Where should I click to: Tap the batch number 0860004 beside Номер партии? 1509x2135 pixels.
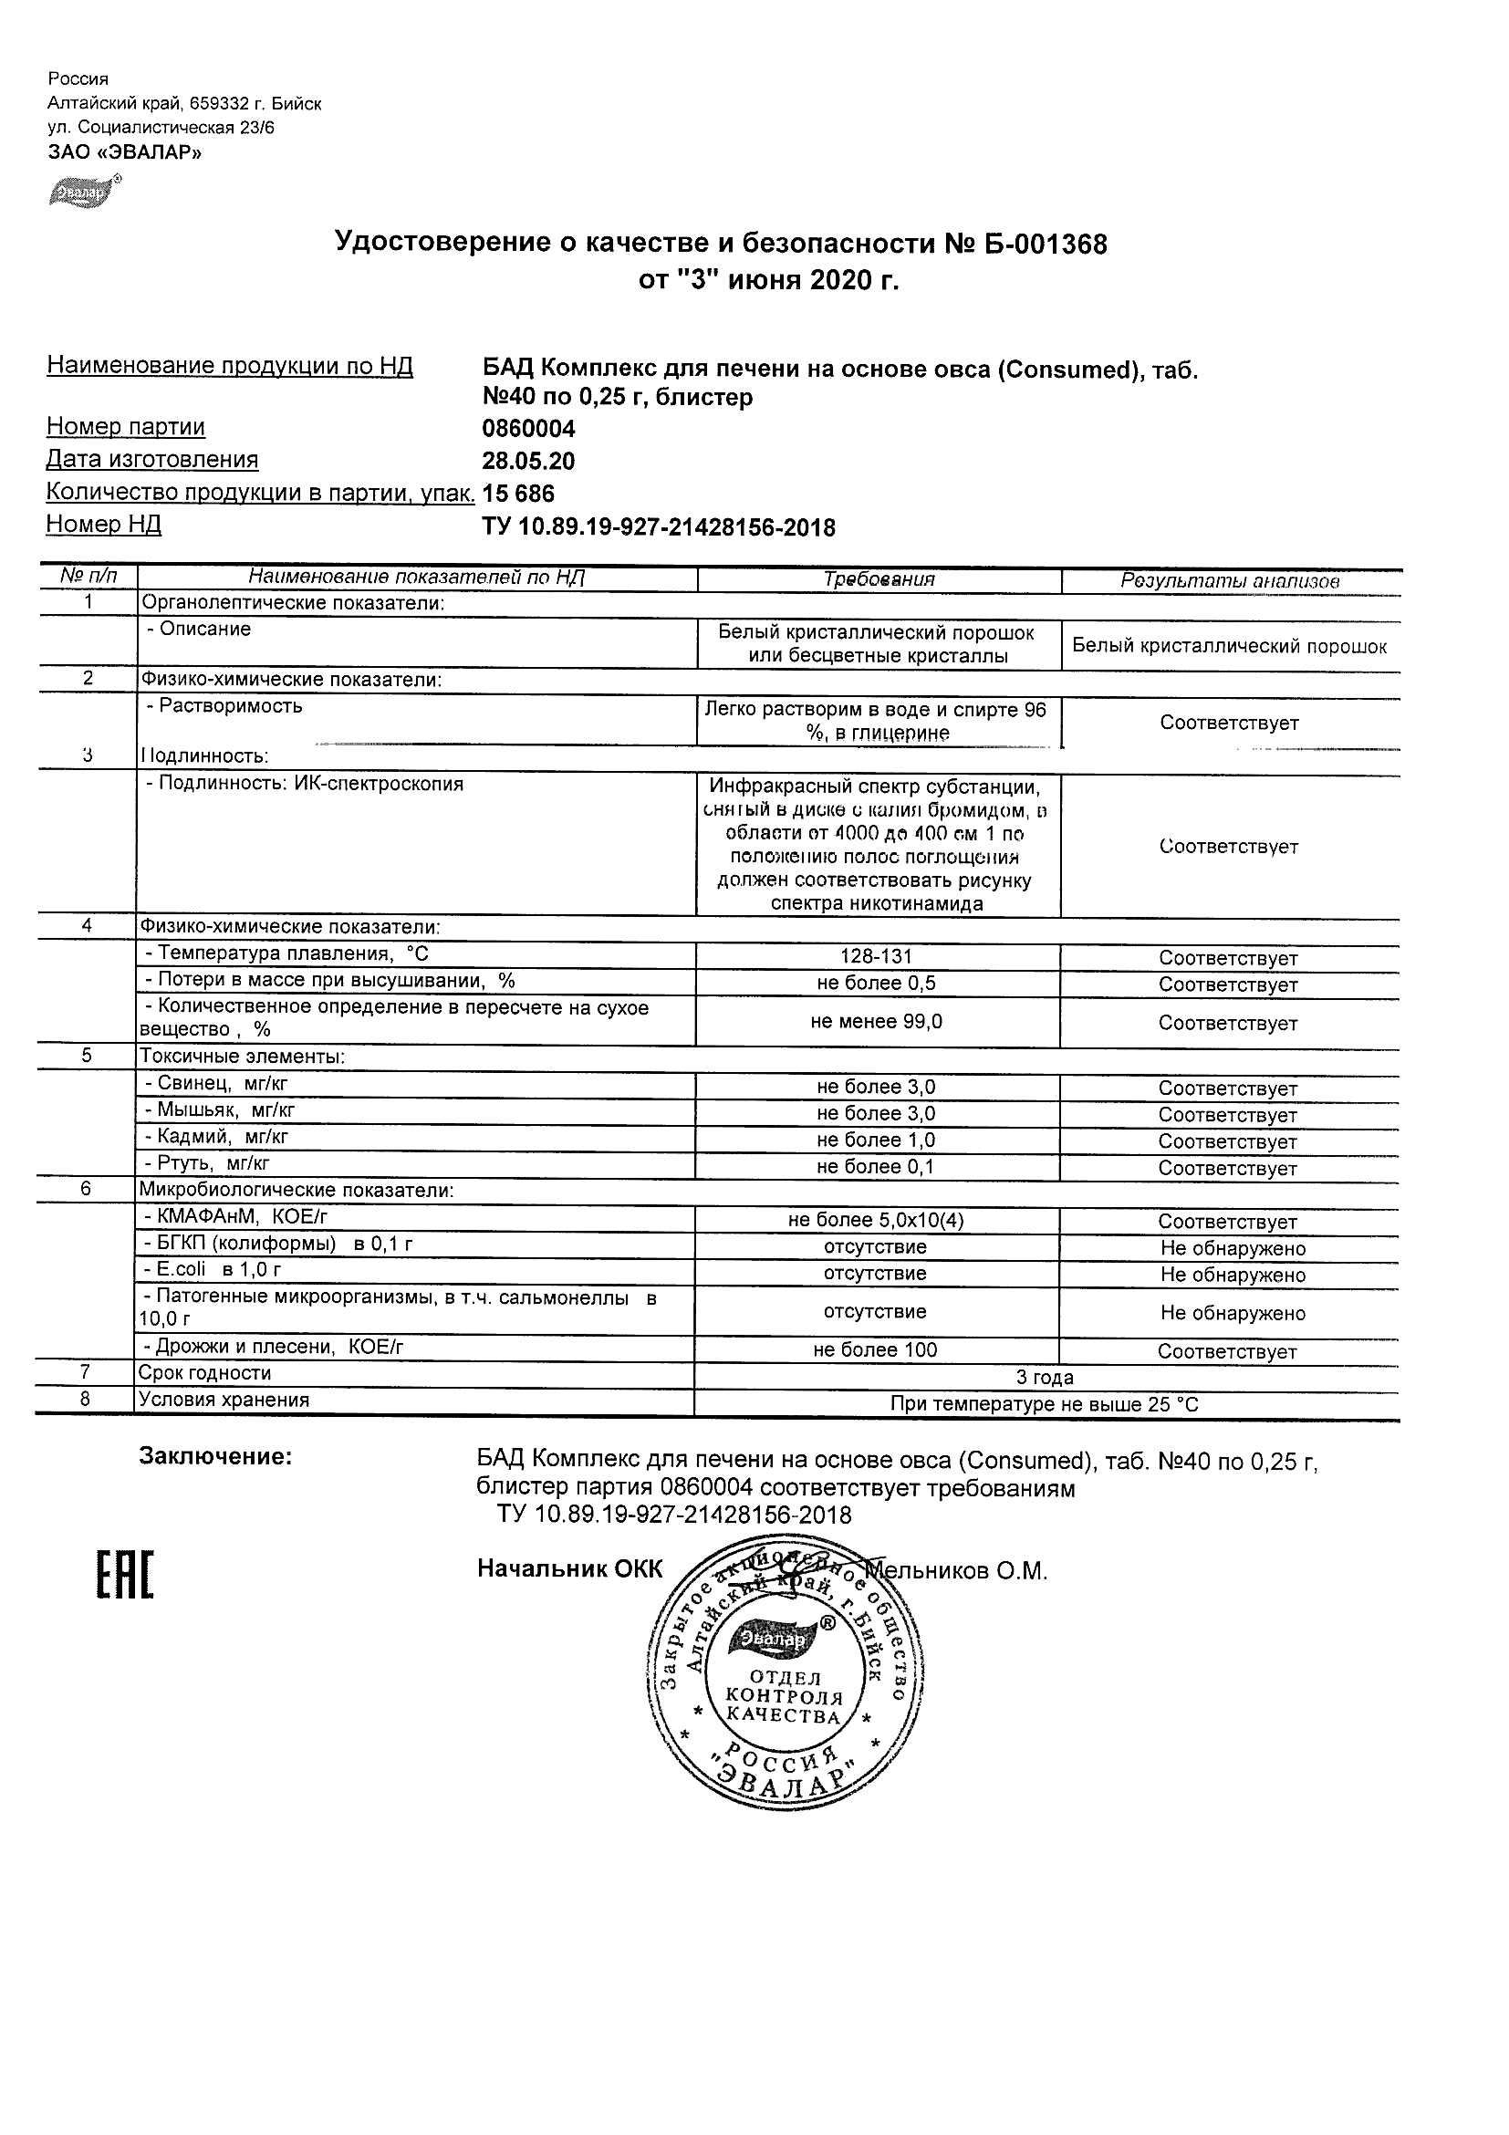[x=528, y=429]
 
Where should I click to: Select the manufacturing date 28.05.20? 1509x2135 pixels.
[x=528, y=462]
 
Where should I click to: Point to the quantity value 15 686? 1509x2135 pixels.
[x=519, y=494]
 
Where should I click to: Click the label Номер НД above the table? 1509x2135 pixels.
[x=104, y=525]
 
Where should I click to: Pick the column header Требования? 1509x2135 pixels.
[x=879, y=579]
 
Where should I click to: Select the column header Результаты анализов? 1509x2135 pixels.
[x=1229, y=581]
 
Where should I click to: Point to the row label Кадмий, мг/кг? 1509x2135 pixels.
[x=216, y=1136]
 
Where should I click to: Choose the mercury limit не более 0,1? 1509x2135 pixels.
[x=876, y=1167]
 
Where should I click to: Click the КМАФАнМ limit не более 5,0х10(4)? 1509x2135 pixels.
[x=876, y=1221]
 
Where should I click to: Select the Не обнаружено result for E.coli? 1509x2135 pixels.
[x=1233, y=1275]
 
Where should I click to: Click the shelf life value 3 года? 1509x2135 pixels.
[x=1045, y=1377]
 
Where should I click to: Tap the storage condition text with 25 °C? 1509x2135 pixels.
[x=1045, y=1404]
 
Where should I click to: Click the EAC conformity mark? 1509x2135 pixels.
[x=125, y=1576]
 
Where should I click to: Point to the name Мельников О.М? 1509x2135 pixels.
[x=958, y=1570]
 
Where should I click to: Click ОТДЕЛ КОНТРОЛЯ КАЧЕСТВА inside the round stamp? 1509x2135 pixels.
[x=784, y=1697]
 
